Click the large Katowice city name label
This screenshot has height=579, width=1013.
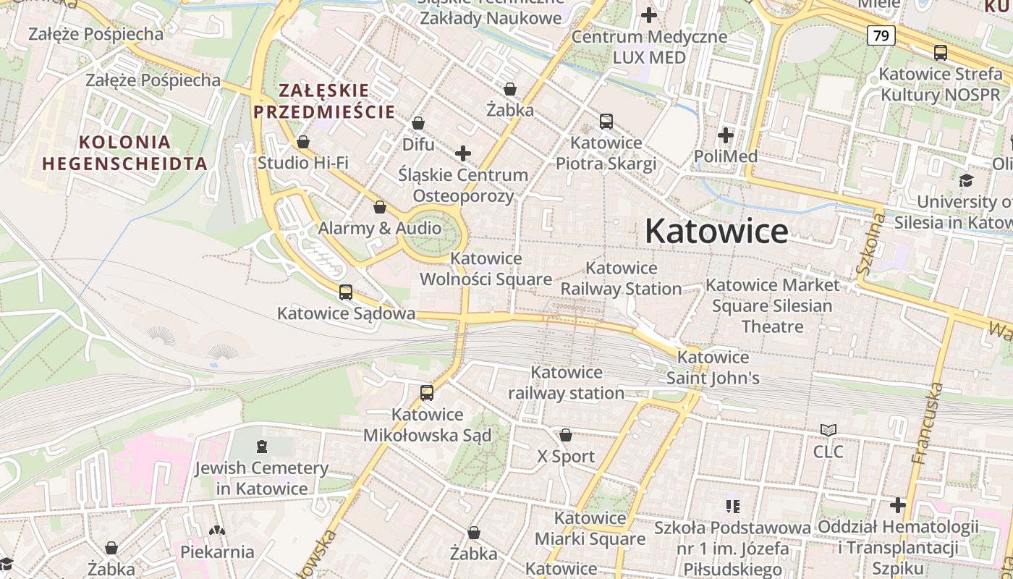click(x=716, y=232)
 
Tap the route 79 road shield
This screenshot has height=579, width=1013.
click(x=881, y=35)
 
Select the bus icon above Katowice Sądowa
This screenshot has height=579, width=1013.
click(x=346, y=292)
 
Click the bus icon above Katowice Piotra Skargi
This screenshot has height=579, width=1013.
click(x=606, y=122)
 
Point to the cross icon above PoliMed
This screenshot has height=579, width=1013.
click(x=726, y=135)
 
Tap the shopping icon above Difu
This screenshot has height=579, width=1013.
click(x=418, y=124)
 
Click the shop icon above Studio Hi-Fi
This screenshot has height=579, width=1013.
click(x=303, y=142)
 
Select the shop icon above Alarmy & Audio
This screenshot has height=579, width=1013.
click(x=379, y=208)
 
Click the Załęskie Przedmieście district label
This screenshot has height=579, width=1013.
click(x=324, y=101)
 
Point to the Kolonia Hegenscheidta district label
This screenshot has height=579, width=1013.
click(x=125, y=153)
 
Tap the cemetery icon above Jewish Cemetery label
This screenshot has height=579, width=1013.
click(x=261, y=447)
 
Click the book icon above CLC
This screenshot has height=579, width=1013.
click(x=828, y=431)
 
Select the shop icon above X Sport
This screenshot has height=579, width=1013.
click(x=566, y=435)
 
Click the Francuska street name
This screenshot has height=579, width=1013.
click(x=928, y=423)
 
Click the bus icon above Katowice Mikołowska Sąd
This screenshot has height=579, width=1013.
click(x=427, y=393)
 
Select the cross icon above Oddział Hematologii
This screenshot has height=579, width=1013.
click(x=898, y=504)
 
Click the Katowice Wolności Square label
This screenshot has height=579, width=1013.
click(x=486, y=269)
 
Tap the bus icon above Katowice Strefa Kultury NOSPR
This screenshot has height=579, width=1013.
click(x=940, y=53)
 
